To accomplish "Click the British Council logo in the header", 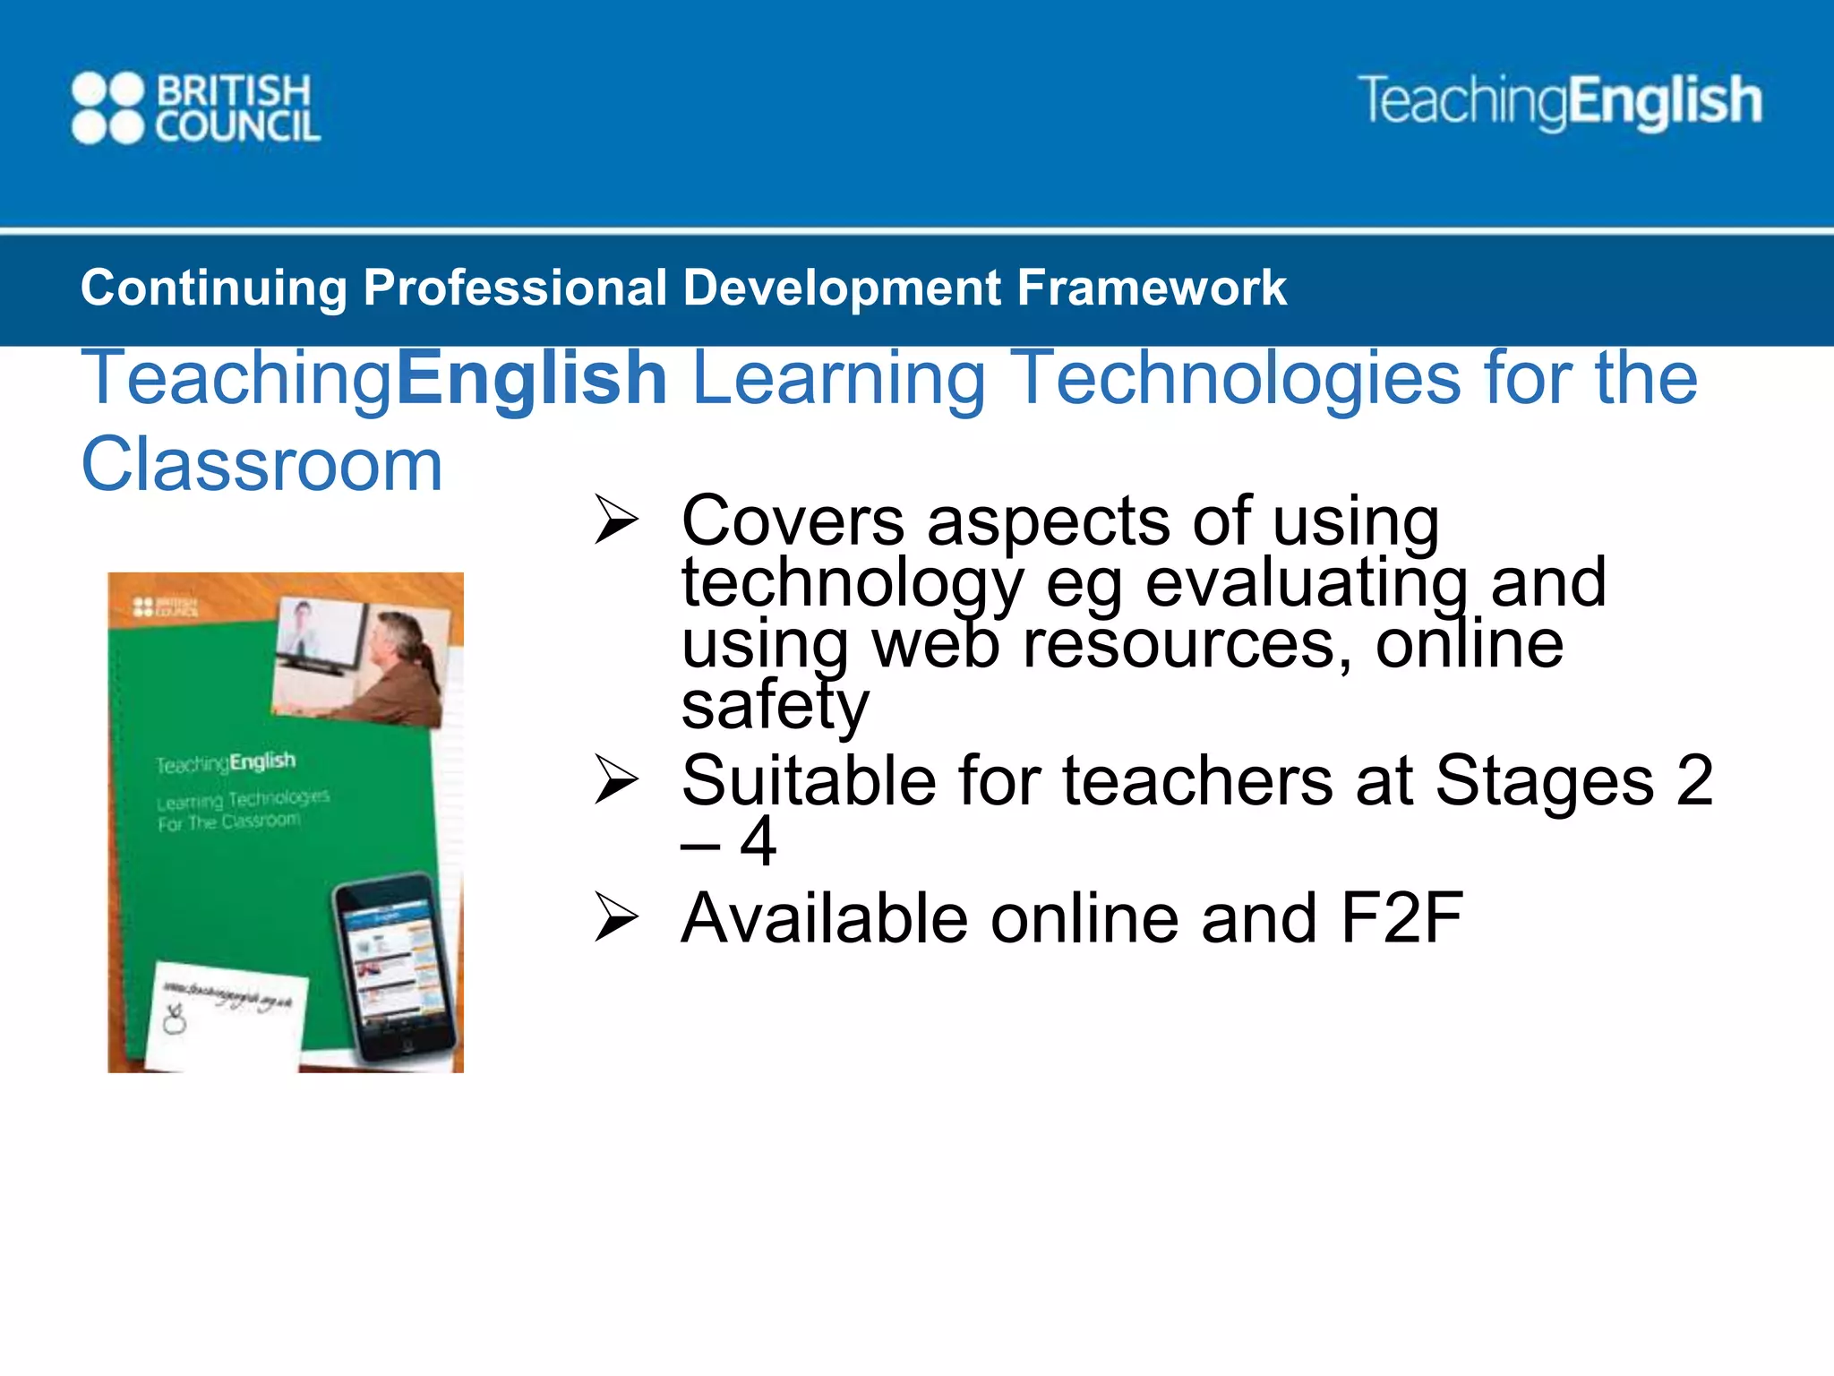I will coord(195,108).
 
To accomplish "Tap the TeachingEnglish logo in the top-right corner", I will coord(1559,101).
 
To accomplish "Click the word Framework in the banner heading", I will coord(1152,288).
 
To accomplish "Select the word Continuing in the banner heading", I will coord(213,288).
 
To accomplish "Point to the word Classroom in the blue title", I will coord(261,465).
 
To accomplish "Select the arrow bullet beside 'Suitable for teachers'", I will coord(616,779).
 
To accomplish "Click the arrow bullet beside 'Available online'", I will coord(616,918).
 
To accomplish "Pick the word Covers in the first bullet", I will coord(793,520).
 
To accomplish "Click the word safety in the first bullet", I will coord(775,705).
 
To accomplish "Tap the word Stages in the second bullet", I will coord(1544,780).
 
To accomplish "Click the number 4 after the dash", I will coord(758,841).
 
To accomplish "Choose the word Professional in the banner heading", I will coord(514,288).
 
